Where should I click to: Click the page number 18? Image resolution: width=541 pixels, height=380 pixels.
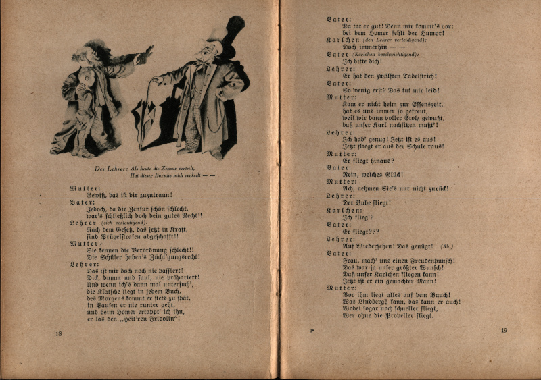(59, 333)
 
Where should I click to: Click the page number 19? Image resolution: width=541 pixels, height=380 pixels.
(504, 330)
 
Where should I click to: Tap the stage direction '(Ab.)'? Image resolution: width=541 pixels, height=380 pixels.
(449, 246)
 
